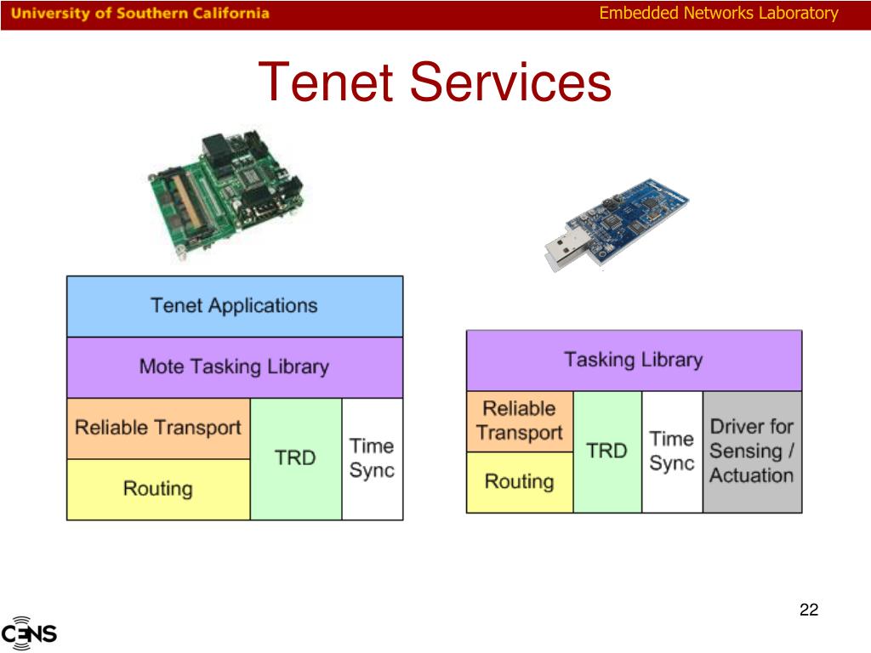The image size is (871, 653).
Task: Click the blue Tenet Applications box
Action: [x=234, y=306]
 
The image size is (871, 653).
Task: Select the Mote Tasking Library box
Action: [x=234, y=367]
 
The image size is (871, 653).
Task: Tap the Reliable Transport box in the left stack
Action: [x=158, y=429]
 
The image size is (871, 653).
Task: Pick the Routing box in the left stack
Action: [x=158, y=489]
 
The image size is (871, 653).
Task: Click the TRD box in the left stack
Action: [x=295, y=458]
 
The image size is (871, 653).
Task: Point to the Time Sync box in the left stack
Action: [x=372, y=458]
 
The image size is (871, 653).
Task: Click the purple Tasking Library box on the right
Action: [x=634, y=360]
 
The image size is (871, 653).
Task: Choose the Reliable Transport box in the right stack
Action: [x=519, y=421]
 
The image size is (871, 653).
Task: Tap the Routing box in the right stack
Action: [x=519, y=482]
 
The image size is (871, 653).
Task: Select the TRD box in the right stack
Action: [x=606, y=451]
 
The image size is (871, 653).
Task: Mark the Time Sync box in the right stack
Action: [x=672, y=451]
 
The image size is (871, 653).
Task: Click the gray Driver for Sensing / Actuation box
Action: [x=752, y=451]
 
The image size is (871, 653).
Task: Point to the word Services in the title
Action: [x=510, y=83]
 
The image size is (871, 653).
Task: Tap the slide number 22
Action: [x=809, y=609]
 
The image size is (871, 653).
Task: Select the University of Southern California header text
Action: [x=141, y=14]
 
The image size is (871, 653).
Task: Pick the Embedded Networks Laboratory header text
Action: [x=718, y=14]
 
